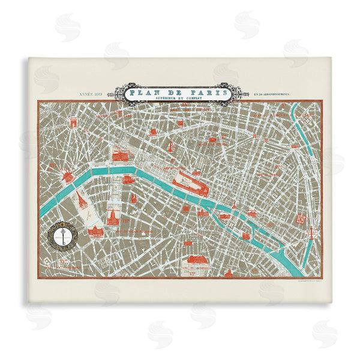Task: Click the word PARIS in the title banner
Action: coord(200,94)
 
